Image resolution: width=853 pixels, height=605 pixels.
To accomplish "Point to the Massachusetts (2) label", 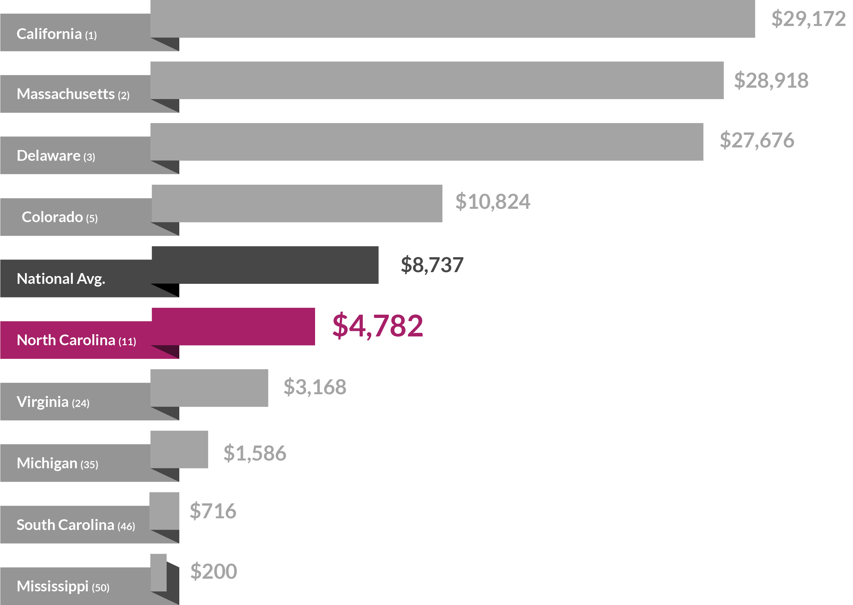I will point(73,94).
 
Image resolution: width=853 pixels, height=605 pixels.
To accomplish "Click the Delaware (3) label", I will point(56,156).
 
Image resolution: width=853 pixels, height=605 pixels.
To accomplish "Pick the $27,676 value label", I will point(757,140).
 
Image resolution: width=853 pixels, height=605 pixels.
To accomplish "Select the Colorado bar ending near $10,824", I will point(297,203).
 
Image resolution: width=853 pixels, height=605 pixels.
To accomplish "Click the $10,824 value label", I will point(492,202).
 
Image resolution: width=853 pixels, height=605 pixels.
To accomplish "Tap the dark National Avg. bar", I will point(265,265).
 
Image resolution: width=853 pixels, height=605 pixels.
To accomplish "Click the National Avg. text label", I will point(61,279).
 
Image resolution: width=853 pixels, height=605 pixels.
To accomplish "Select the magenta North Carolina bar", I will point(233,326).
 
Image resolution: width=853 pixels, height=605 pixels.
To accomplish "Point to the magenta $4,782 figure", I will point(377,326).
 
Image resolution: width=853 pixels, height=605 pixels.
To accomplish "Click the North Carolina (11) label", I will point(76,340).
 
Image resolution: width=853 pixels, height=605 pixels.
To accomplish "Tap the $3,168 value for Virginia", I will point(314,387).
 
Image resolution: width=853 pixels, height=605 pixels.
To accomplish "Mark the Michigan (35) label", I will point(57,463).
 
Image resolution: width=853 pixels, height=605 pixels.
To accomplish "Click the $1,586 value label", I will point(255,453).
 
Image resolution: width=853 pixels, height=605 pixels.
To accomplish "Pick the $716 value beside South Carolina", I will point(213,511).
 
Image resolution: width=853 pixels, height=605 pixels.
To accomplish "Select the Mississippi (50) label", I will point(63,586).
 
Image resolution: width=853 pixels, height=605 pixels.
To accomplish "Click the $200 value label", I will point(213,571).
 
